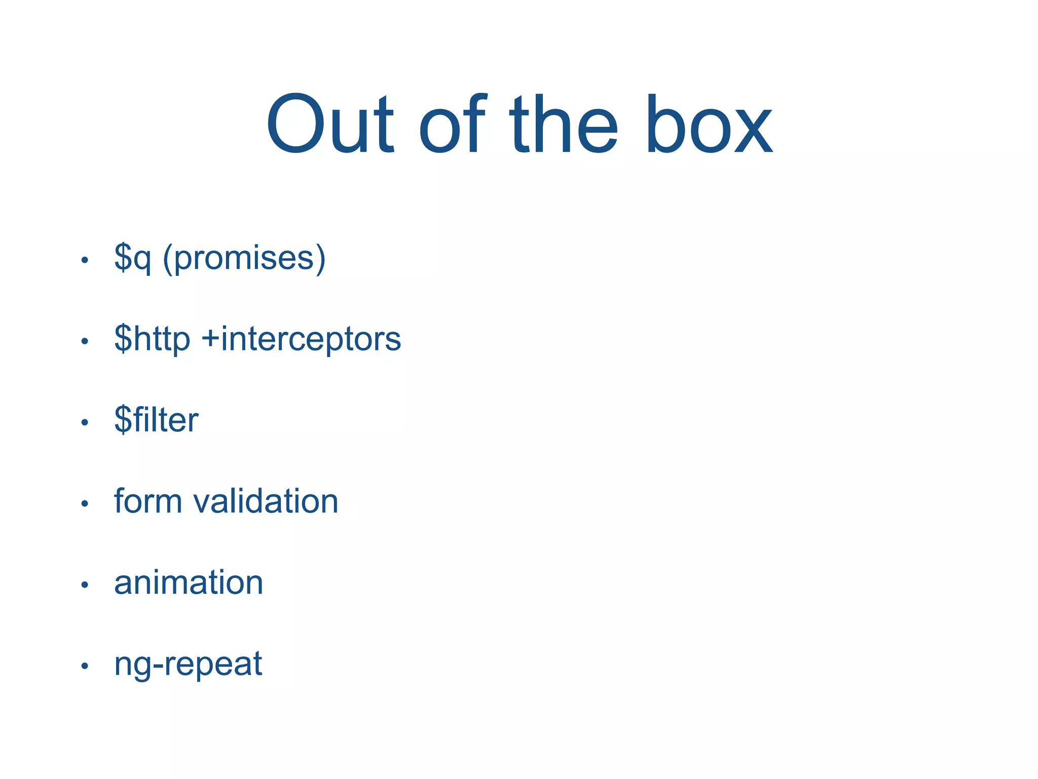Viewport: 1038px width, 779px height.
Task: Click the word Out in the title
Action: pos(330,124)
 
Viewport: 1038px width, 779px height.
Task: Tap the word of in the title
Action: pos(453,124)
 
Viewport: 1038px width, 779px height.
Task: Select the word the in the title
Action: pos(564,124)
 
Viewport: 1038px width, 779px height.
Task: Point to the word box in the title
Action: pos(709,124)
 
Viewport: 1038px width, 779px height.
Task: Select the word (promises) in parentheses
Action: pos(244,259)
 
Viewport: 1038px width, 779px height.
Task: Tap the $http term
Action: pos(152,339)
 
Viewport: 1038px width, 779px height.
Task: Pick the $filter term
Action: pos(156,420)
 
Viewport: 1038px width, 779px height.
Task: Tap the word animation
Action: pos(189,582)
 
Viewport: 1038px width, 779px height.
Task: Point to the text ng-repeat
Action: pos(188,664)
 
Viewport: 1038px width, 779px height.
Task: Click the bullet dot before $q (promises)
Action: pos(85,260)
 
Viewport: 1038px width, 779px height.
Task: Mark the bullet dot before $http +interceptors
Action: pos(85,341)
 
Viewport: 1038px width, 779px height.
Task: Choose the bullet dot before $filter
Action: pos(85,422)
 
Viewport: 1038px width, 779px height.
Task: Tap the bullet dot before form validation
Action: pos(85,504)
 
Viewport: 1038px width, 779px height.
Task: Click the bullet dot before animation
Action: pos(85,585)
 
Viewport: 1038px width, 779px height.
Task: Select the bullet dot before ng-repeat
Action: pos(85,666)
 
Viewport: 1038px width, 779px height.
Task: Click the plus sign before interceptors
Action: pos(210,339)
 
